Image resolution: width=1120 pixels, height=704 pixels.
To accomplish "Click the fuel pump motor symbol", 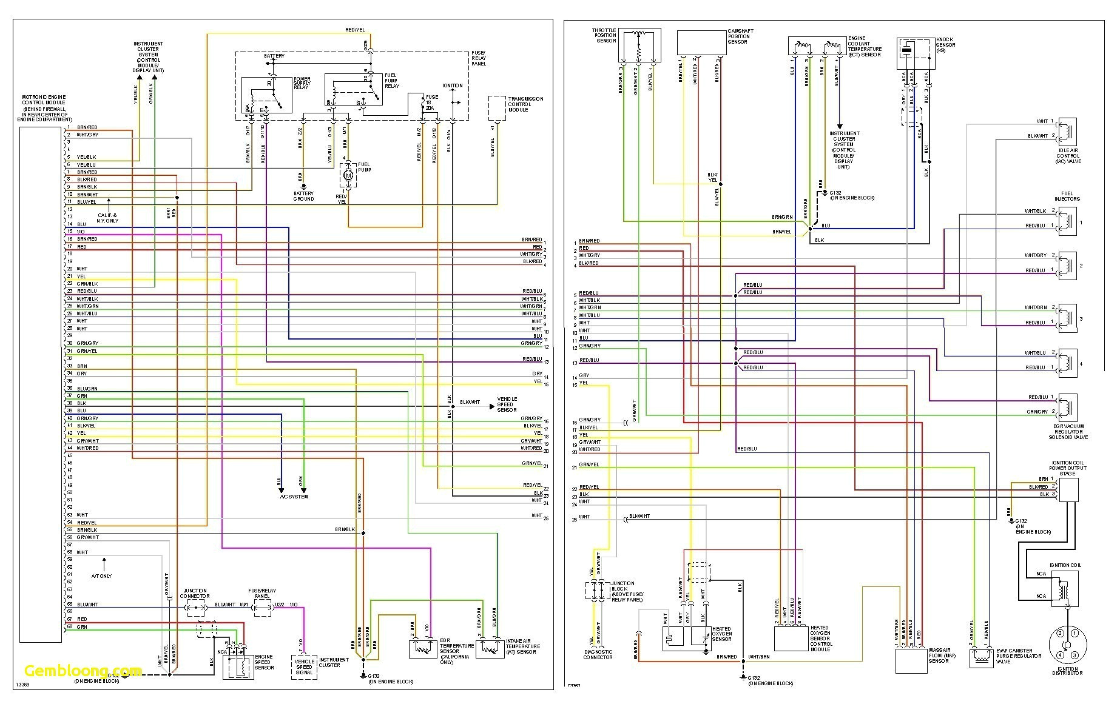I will click(x=348, y=175).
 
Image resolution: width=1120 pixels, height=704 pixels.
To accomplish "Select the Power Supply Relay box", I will click(x=266, y=95).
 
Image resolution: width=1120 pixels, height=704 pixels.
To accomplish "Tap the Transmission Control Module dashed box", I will click(x=497, y=107).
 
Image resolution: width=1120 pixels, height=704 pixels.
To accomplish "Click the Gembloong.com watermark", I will click(x=83, y=672).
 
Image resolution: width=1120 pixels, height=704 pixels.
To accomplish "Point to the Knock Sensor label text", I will click(x=945, y=44).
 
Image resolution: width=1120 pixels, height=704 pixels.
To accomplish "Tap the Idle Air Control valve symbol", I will click(x=1067, y=133).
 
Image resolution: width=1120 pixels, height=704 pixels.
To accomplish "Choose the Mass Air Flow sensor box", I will click(x=911, y=660).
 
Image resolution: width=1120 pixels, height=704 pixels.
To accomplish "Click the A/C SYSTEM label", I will click(x=294, y=497).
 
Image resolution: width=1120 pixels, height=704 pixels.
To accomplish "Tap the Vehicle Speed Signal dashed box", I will click(x=304, y=666).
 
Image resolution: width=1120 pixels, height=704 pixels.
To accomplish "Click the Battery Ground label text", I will click(x=303, y=196).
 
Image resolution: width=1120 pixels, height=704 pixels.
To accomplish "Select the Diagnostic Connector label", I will click(x=598, y=654).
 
